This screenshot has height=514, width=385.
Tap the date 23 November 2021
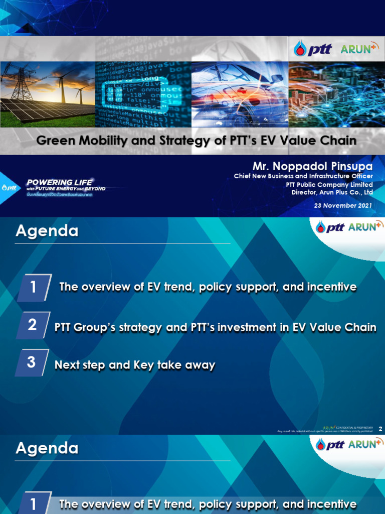pos(343,206)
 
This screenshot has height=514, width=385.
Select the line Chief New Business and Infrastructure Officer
pos(304,176)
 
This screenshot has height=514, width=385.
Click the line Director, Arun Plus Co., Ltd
pos(332,192)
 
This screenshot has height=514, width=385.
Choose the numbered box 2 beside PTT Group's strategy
pos(33,325)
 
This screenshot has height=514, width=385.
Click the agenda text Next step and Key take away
pos(134,365)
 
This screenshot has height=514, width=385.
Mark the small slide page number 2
pos(381,429)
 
